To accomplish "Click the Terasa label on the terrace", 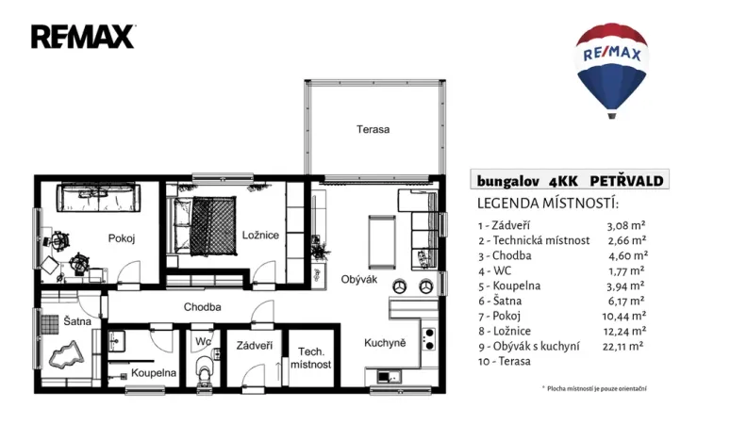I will tap(373, 129).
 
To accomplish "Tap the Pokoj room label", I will tap(122, 238).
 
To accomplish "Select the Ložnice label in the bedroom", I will tap(259, 235).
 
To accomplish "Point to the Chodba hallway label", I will tap(202, 306).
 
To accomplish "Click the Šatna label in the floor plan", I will tap(76, 321).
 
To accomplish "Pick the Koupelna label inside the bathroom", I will tap(154, 372).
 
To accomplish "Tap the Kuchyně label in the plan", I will tap(385, 343).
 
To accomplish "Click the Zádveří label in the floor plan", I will tap(255, 345).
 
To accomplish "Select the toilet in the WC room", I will tap(202, 373).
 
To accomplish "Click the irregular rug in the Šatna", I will tap(65, 356).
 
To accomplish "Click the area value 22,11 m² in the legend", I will tap(623, 347).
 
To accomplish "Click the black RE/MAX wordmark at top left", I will tap(83, 37).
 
